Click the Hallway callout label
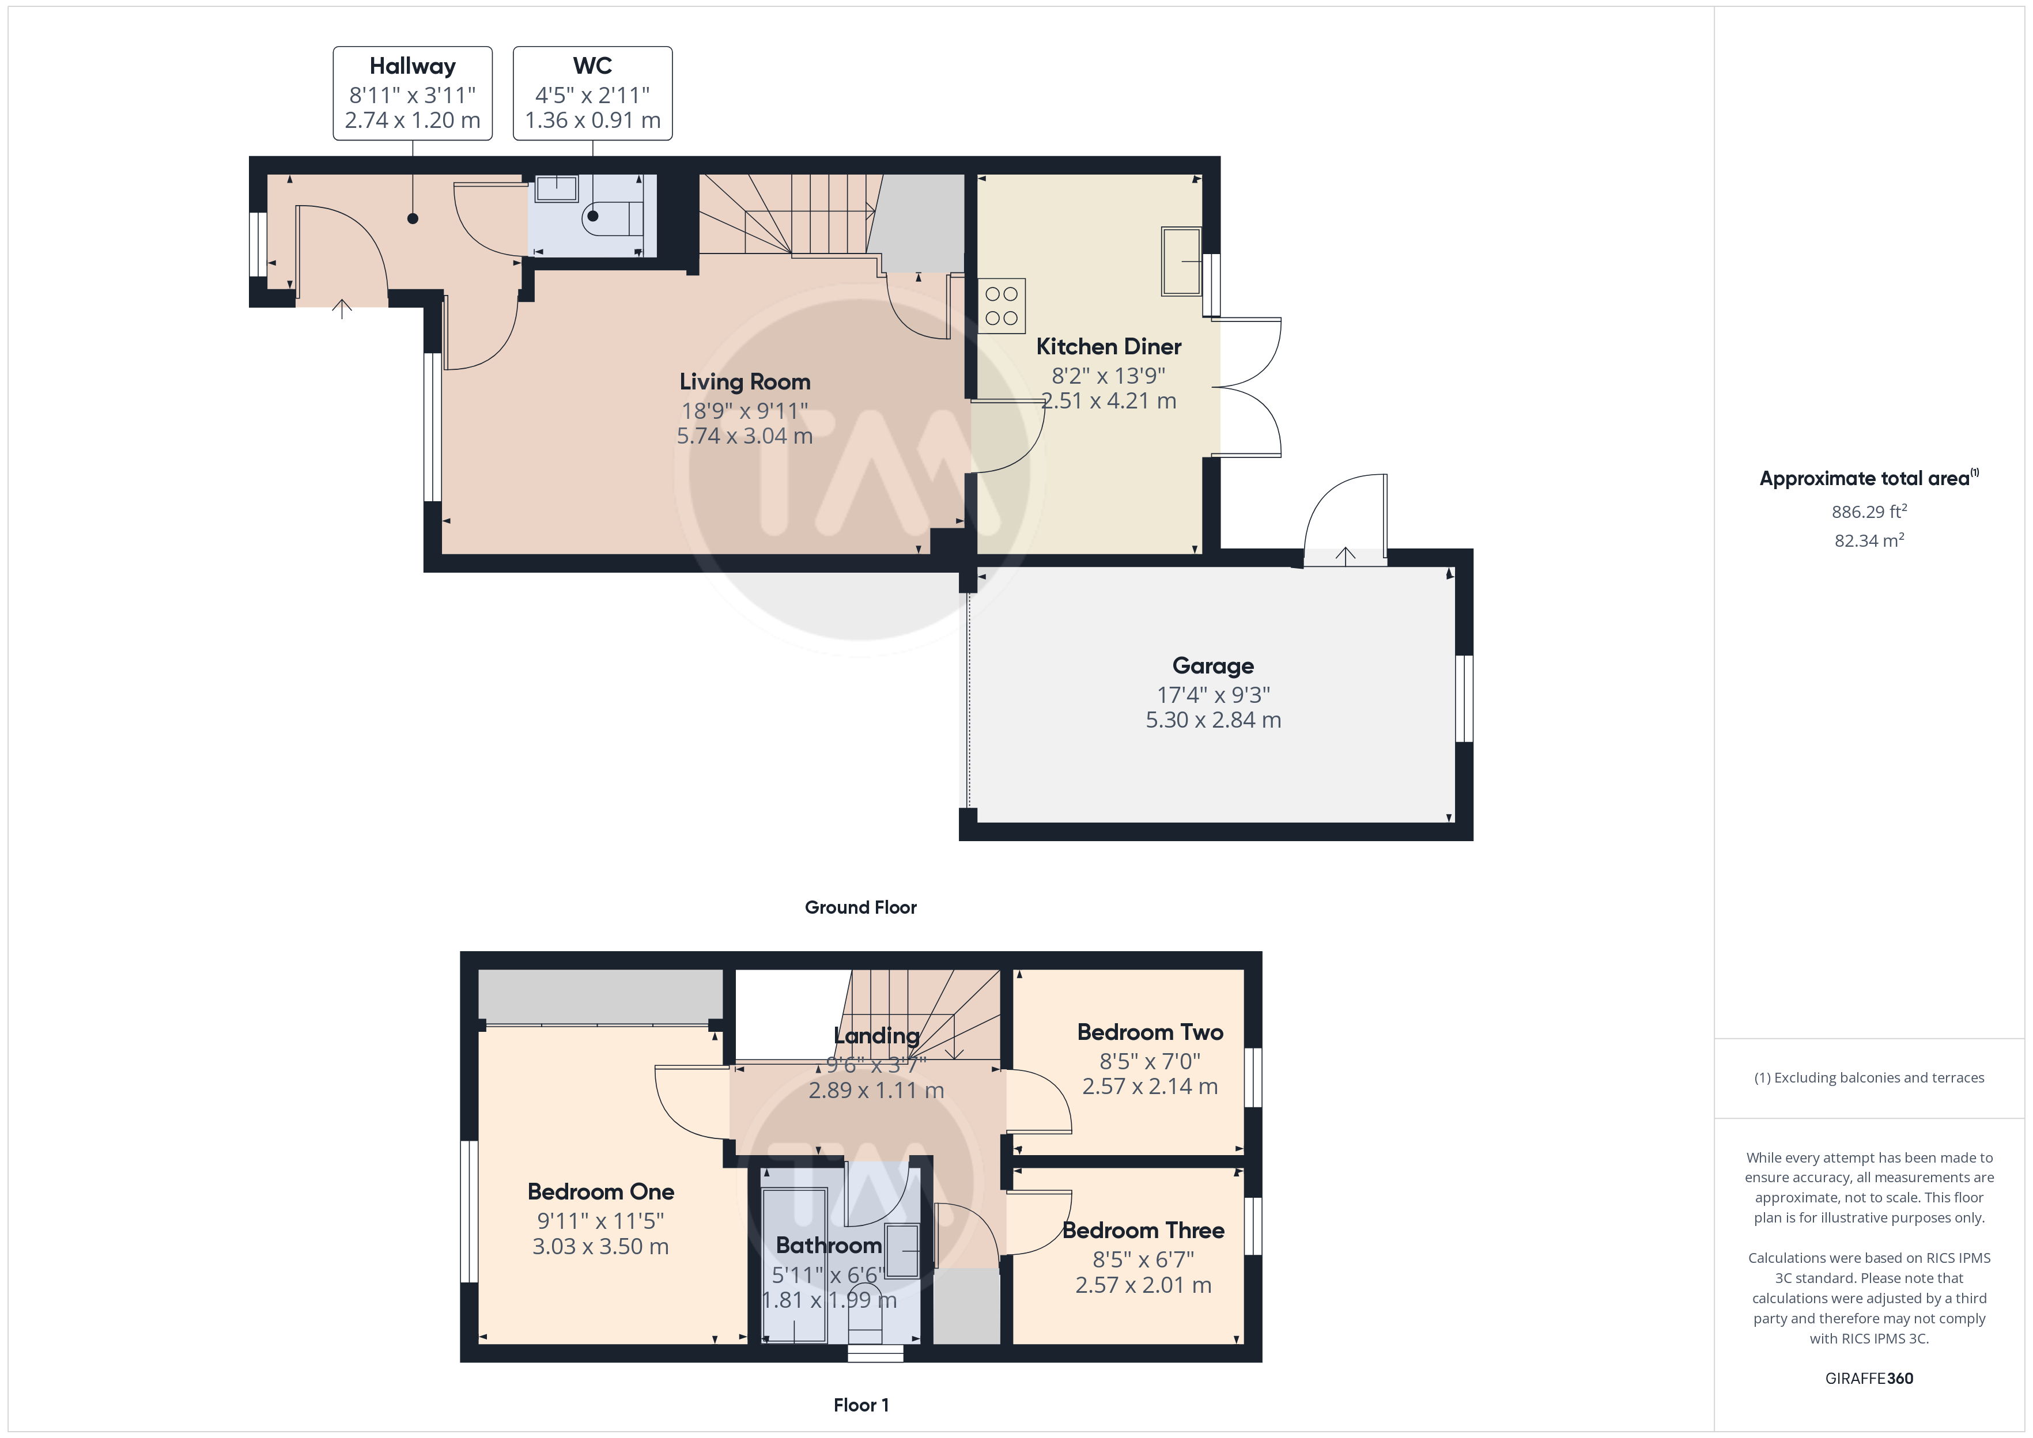413,93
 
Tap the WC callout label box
592,93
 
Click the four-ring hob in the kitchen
1002,305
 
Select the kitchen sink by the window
1181,261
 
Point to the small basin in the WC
556,188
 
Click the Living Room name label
745,381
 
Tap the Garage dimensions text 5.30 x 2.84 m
1213,720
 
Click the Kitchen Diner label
1109,346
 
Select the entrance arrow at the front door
342,308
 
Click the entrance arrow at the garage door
1345,555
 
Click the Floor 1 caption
861,1405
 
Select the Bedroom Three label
1143,1230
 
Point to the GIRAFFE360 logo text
1869,1378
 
